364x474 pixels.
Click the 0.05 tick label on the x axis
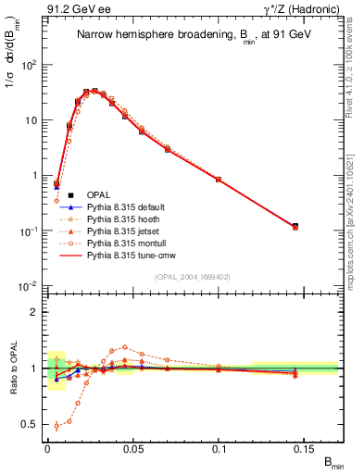tap(132, 448)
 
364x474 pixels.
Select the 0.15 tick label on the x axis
tap(305, 448)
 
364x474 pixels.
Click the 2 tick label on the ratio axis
tap(35, 312)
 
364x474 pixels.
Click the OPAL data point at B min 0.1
tap(219, 179)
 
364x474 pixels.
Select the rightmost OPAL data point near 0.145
tap(295, 226)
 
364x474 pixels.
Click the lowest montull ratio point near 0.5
tap(56, 426)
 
